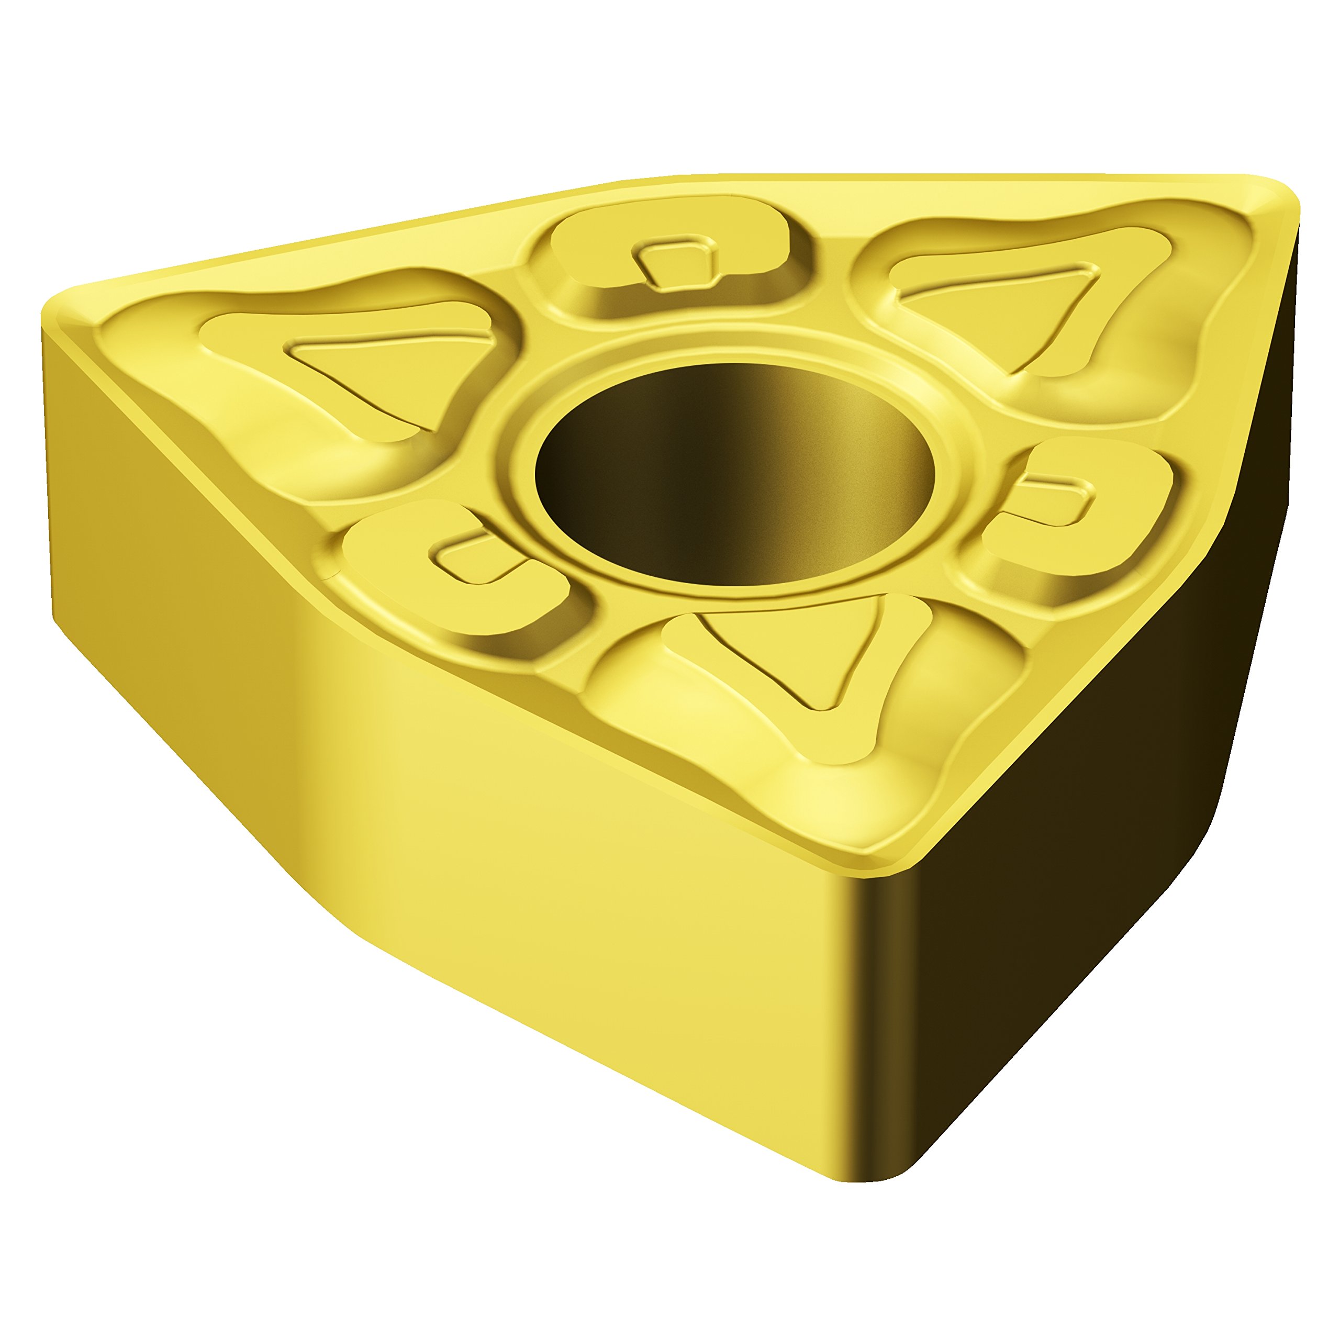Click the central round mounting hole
735,472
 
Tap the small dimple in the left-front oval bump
478,559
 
